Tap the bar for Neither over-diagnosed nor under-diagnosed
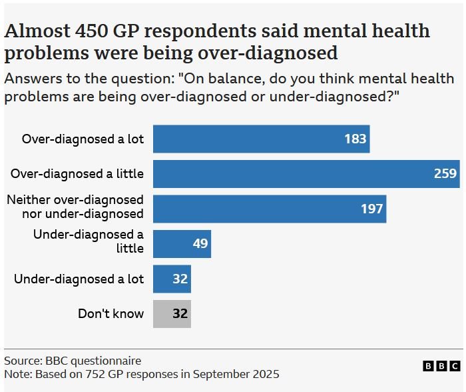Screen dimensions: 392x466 pos(270,209)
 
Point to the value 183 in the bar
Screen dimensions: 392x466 pos(355,139)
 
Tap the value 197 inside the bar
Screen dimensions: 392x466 pos(372,209)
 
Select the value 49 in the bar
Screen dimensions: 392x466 pos(200,244)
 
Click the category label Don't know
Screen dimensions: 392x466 pos(111,313)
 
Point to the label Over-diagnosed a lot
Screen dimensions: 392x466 pos(83,139)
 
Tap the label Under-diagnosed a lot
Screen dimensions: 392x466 pos(79,279)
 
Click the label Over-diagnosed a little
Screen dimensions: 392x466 pos(77,174)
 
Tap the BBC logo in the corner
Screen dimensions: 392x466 pos(441,366)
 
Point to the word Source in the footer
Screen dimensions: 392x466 pos(22,361)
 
